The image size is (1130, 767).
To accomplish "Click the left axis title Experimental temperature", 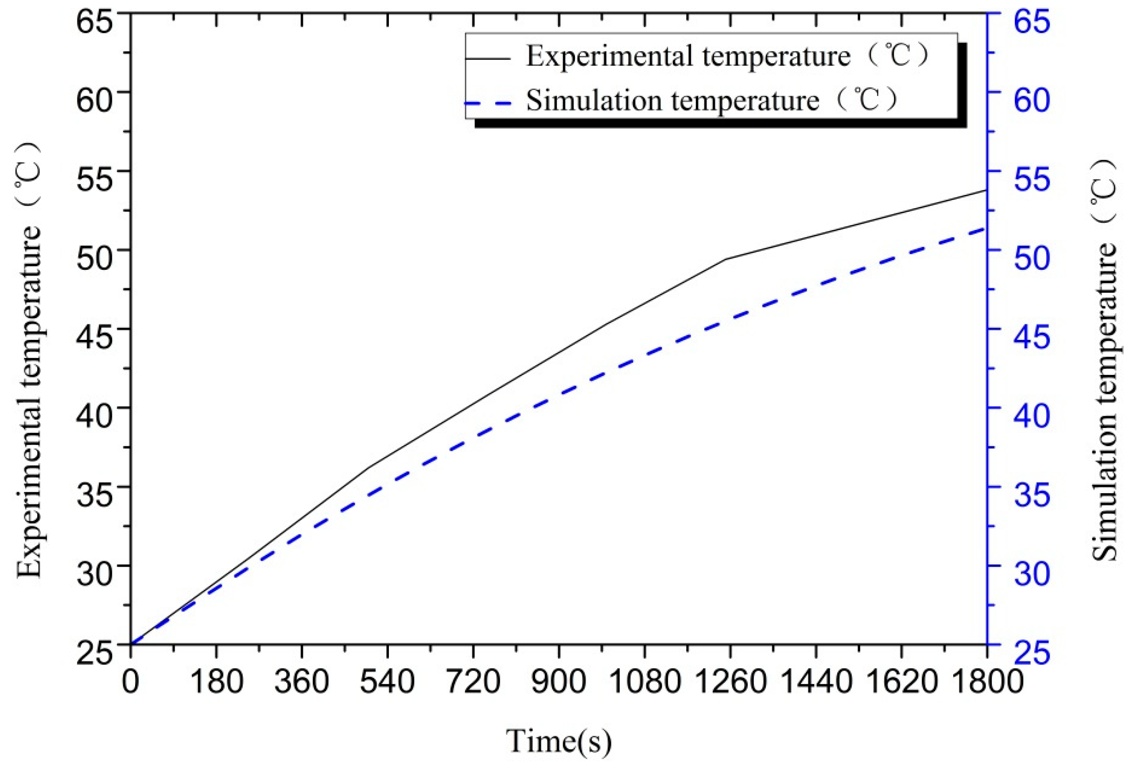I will pos(30,360).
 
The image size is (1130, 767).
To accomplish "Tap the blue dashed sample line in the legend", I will pos(488,103).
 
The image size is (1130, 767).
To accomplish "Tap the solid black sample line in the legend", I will pos(488,58).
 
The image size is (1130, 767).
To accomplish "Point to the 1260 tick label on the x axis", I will pos(730,681).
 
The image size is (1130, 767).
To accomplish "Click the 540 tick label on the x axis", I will pos(388,681).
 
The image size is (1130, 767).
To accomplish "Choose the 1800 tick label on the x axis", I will pos(987,681).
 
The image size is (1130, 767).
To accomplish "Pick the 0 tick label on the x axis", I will pos(130,681).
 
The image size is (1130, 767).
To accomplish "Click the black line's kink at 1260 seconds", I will pos(726,259).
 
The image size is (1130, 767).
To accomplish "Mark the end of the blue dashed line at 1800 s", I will pos(984,228).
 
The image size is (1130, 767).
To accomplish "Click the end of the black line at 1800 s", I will pos(985,190).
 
